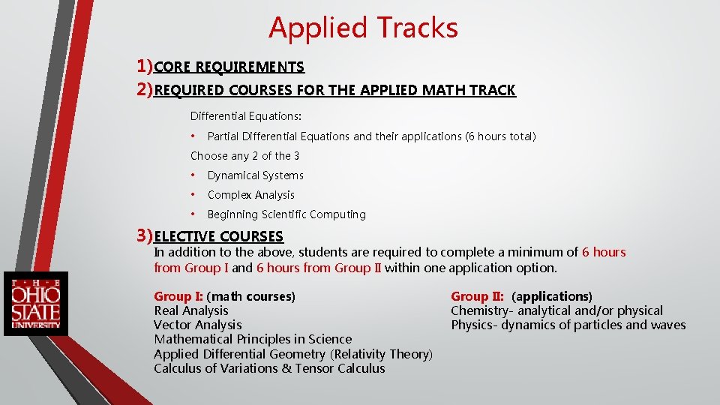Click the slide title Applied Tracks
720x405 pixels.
pyautogui.click(x=363, y=28)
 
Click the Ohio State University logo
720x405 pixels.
pyautogui.click(x=35, y=304)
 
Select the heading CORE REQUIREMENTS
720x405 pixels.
pyautogui.click(x=229, y=67)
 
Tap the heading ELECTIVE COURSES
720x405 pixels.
pyautogui.click(x=219, y=236)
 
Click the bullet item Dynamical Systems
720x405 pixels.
pyautogui.click(x=255, y=175)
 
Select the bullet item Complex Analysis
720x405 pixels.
pyautogui.click(x=250, y=195)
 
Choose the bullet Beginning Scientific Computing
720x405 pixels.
pyautogui.click(x=286, y=214)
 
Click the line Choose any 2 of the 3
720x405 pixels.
pyautogui.click(x=244, y=156)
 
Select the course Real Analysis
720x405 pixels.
pyautogui.click(x=191, y=310)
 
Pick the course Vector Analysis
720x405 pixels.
pyautogui.click(x=197, y=325)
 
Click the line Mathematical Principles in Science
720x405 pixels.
pyautogui.click(x=253, y=339)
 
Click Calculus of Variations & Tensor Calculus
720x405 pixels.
pyautogui.click(x=269, y=368)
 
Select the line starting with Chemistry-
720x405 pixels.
pyautogui.click(x=556, y=310)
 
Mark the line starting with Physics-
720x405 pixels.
pyautogui.click(x=568, y=325)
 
